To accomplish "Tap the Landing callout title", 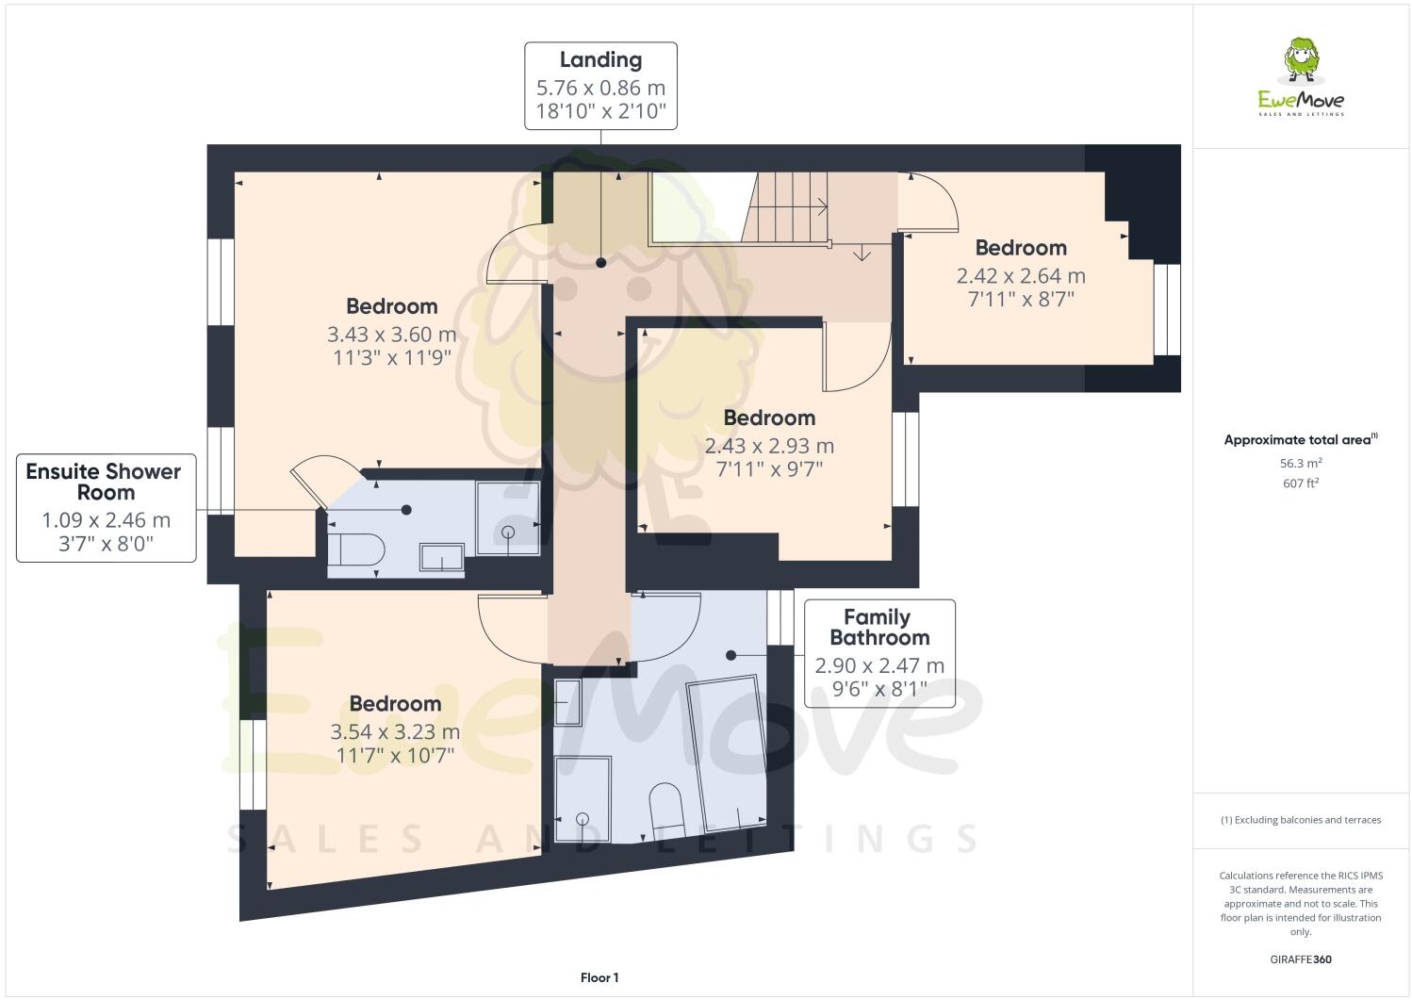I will (600, 60).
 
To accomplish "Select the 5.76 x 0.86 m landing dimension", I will (600, 88).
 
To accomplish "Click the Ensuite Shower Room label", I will (104, 482).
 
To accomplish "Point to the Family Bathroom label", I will (878, 628).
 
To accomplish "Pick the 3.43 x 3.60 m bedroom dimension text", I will (391, 335).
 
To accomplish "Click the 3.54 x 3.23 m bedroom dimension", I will (395, 732).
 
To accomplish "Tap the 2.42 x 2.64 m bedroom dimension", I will (1021, 276).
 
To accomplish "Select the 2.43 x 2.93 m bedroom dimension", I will (769, 446).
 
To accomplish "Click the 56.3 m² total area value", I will (1300, 464).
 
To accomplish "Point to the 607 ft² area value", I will (1300, 484).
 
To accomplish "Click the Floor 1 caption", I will (599, 978).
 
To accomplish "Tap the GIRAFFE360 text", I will (1300, 960).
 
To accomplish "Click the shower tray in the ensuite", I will (507, 518).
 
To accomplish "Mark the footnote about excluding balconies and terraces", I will (1300, 820).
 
